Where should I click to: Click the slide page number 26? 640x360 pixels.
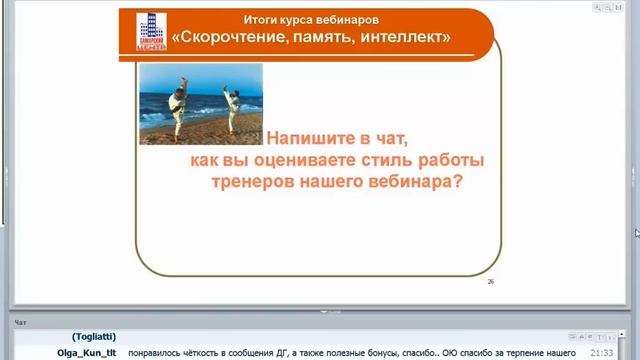[491, 282]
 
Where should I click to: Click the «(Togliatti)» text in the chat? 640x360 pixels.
[94, 337]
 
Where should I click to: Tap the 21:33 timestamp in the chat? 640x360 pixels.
[601, 352]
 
